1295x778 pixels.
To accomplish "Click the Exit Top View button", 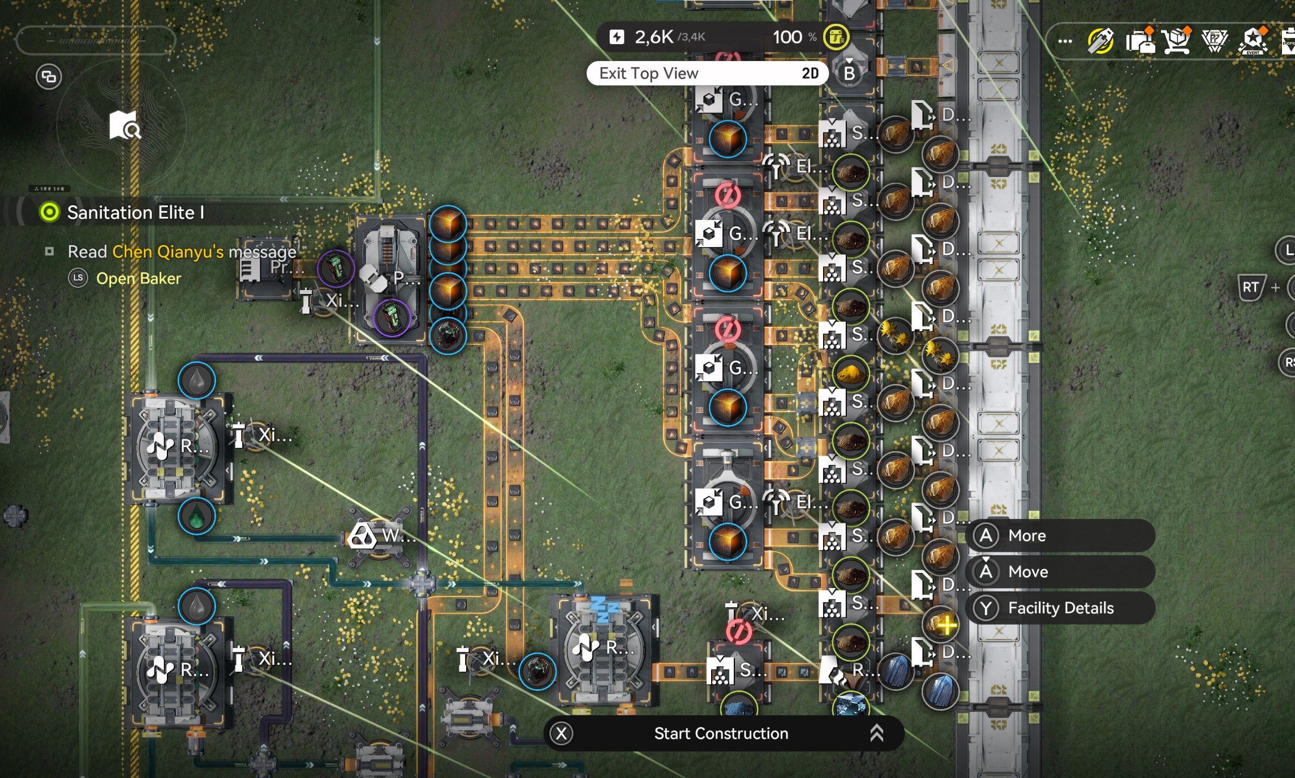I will (x=648, y=74).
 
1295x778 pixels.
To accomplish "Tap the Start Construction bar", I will (x=721, y=733).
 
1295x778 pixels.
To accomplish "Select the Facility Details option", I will (x=1060, y=608).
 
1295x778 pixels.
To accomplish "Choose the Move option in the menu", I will (x=1027, y=572).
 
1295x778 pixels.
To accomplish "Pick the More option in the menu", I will (x=1026, y=535).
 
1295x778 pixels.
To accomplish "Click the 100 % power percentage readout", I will (x=794, y=37).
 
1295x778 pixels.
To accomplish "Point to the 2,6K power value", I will (x=654, y=37).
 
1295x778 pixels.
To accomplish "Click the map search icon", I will (x=124, y=125).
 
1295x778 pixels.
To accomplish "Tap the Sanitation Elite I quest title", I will (x=135, y=213).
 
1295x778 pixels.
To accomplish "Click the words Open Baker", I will (x=139, y=278).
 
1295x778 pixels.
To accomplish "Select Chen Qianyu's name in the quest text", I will (x=167, y=252).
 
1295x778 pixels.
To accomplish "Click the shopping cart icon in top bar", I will (x=1177, y=41).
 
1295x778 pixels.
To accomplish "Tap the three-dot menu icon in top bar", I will (x=1065, y=41).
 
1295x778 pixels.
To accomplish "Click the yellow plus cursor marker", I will (x=946, y=625).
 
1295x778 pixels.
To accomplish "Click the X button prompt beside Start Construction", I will (x=561, y=733).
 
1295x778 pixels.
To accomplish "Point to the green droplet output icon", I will (x=196, y=517).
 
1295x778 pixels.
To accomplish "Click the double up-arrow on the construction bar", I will (x=876, y=733).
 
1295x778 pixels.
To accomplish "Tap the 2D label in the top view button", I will (x=810, y=74).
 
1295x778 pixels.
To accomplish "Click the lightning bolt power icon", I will (x=616, y=37).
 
